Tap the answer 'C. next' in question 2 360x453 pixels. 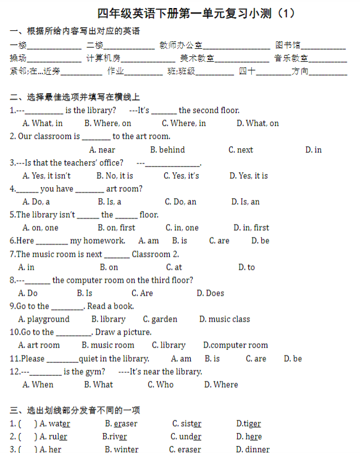[240, 150]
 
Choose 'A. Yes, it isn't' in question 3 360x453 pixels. [46, 176]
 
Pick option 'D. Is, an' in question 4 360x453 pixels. [245, 202]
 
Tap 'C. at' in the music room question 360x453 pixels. [174, 267]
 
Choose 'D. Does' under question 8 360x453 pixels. [210, 293]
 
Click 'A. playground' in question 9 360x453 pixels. [44, 319]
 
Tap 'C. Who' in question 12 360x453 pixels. [161, 384]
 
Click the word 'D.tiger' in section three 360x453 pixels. [248, 424]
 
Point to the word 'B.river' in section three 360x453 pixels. [114, 437]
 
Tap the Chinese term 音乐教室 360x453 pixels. [291, 59]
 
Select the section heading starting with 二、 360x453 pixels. [75, 97]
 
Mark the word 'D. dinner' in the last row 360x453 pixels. [253, 449]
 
